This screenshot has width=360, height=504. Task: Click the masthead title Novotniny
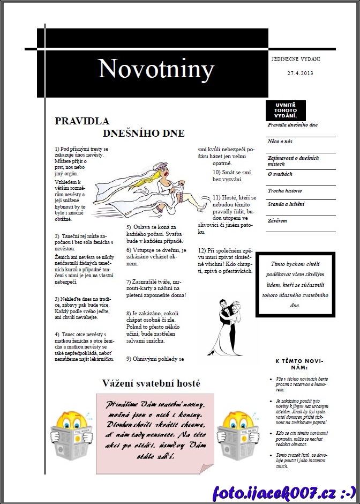pos(156,69)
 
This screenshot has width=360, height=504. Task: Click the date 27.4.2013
pos(300,73)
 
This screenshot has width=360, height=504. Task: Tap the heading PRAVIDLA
pos(82,121)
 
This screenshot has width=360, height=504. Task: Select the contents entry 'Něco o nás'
pos(280,142)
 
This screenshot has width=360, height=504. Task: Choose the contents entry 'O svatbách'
pos(280,174)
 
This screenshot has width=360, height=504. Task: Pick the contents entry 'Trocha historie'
pos(285,190)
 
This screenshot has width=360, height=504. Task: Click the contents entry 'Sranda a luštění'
pos(286,204)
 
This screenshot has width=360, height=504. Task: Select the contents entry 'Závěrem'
pos(277,220)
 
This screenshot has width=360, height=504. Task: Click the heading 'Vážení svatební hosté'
pos(151,383)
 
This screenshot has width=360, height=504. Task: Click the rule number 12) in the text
pos(202,250)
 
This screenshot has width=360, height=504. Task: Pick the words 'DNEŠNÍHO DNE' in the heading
pos(144,133)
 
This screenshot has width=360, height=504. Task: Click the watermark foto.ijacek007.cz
pos(284,492)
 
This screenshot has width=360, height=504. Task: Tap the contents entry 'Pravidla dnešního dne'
pos(292,125)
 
